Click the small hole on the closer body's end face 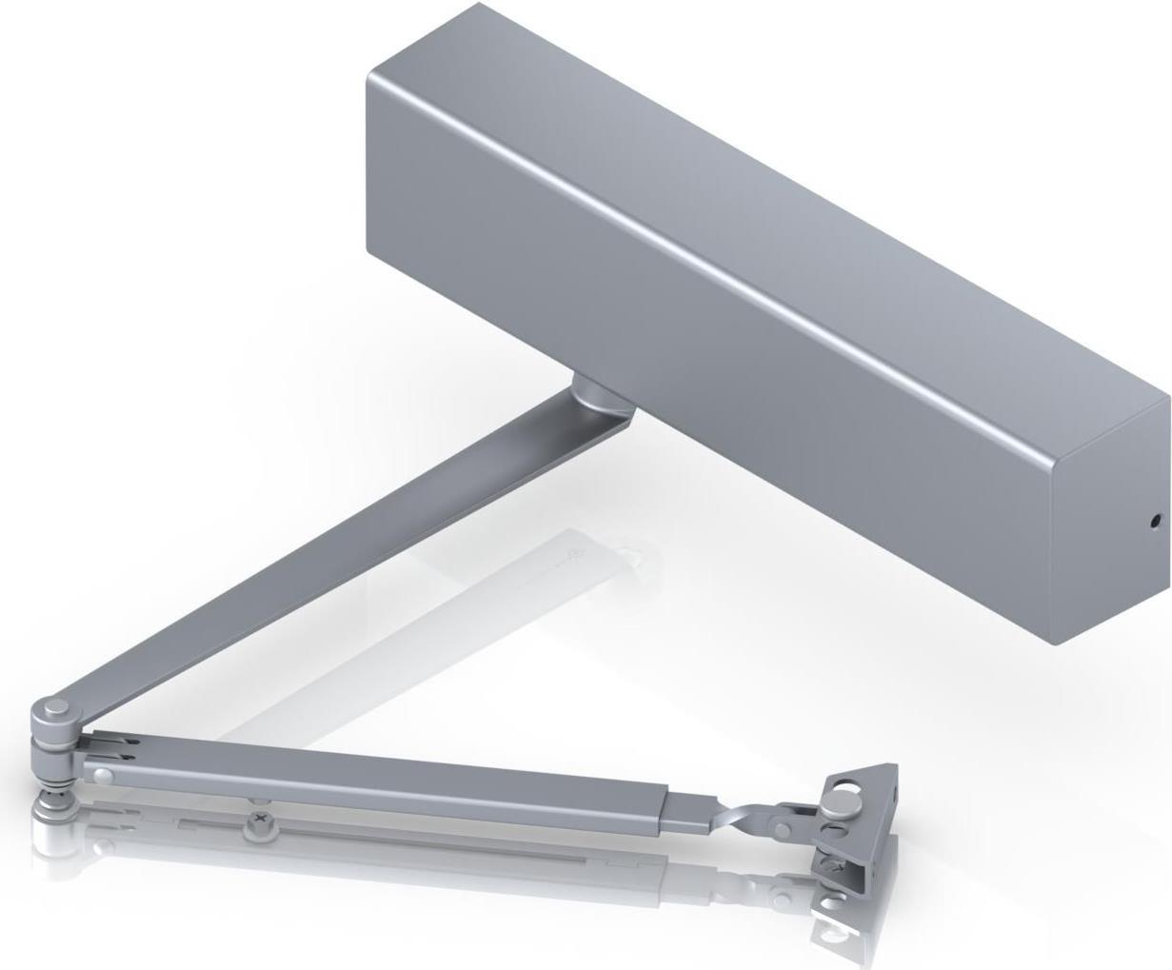tap(1155, 521)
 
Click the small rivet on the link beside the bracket tap(782, 830)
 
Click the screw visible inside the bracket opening tap(838, 866)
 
